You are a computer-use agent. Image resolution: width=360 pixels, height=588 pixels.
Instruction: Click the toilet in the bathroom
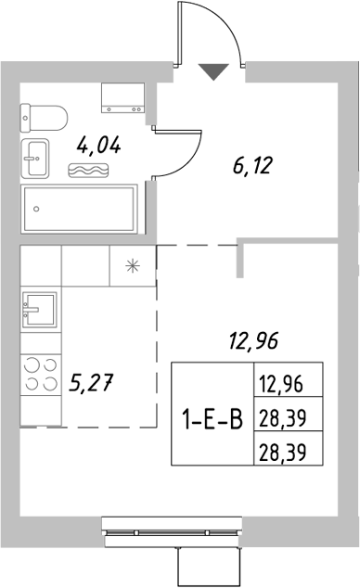(x=44, y=117)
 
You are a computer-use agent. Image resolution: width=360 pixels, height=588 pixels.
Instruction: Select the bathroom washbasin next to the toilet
(x=39, y=159)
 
